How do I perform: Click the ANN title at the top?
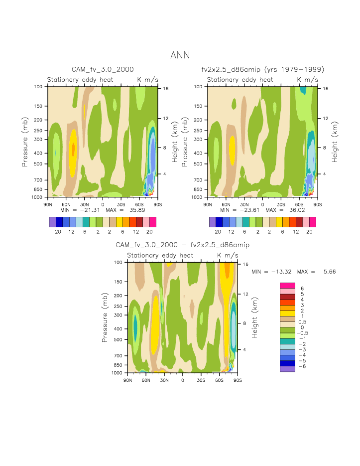pyautogui.click(x=180, y=55)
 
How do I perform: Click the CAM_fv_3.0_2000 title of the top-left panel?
pyautogui.click(x=103, y=69)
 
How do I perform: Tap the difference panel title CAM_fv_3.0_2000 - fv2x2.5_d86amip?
pyautogui.click(x=182, y=245)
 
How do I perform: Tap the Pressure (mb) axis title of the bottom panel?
pyautogui.click(x=105, y=316)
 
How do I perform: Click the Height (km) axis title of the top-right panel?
pyautogui.click(x=335, y=141)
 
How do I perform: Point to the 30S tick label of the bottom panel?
pyautogui.click(x=201, y=380)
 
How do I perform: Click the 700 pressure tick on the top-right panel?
pyautogui.click(x=200, y=180)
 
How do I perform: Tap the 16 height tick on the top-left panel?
pyautogui.click(x=166, y=89)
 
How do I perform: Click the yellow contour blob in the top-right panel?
pyautogui.click(x=232, y=148)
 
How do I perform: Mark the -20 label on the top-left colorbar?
pyautogui.click(x=56, y=232)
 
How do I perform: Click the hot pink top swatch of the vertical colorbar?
pyautogui.click(x=287, y=285)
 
